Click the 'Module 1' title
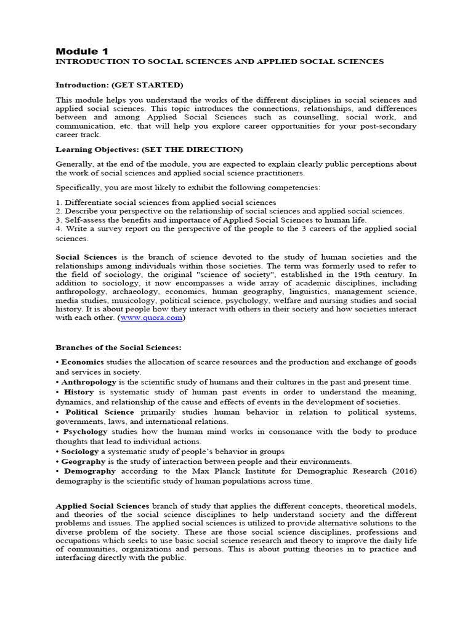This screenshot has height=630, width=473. tap(82, 50)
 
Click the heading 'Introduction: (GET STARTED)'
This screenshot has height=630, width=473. tap(119, 85)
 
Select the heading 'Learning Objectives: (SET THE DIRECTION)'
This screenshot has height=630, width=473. tap(149, 150)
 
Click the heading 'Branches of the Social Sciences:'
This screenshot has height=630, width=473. tap(118, 348)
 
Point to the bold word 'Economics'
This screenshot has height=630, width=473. tap(82, 362)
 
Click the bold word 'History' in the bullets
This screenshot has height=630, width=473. tap(78, 392)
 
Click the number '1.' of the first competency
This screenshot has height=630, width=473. tap(59, 202)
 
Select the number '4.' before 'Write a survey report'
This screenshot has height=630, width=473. tap(59, 229)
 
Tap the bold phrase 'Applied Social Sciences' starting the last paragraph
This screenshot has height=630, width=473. tap(102, 504)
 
